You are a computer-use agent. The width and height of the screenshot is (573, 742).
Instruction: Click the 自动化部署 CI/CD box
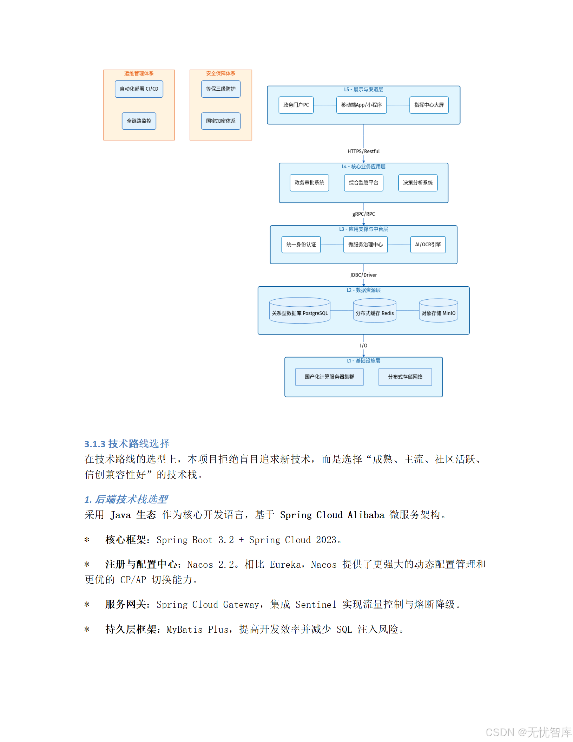coord(139,89)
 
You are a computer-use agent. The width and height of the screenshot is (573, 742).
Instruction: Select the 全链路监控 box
coord(139,121)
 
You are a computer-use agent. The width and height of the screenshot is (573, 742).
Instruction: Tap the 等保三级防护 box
coord(221,89)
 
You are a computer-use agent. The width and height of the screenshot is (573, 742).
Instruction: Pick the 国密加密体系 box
coord(221,121)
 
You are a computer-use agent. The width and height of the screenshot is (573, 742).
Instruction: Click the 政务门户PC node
coord(296,105)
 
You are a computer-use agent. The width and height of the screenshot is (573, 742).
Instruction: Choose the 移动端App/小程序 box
coord(361,105)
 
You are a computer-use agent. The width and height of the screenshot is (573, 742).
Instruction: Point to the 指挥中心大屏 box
coord(429,105)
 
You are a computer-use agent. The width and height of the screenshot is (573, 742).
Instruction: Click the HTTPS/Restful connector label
coord(363,151)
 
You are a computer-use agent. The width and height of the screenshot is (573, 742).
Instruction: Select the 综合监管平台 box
coord(363,183)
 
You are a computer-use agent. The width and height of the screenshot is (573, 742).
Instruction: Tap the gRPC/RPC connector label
coord(363,214)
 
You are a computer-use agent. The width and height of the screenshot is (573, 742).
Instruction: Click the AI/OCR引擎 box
coord(428,245)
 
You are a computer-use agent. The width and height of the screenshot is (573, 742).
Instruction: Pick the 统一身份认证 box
coord(301,245)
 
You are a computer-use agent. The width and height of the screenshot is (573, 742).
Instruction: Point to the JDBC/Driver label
coord(363,275)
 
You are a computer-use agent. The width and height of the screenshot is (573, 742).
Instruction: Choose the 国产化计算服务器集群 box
coord(329,377)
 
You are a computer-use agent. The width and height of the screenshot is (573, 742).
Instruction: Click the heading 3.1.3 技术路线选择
coord(127,444)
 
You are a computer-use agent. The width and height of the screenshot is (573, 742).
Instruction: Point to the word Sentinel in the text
coord(316,605)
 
